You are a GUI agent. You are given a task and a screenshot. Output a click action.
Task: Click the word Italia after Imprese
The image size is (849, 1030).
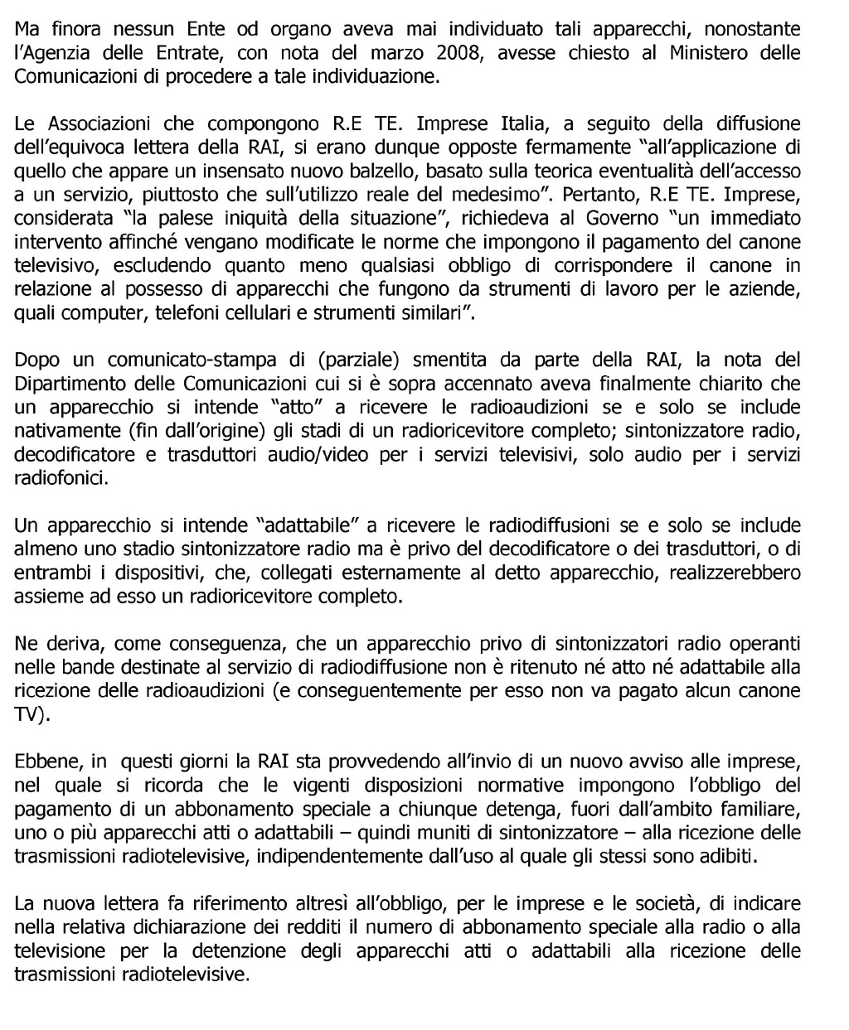[x=522, y=124]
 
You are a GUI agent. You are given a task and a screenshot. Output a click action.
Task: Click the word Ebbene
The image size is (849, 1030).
[x=41, y=762]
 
